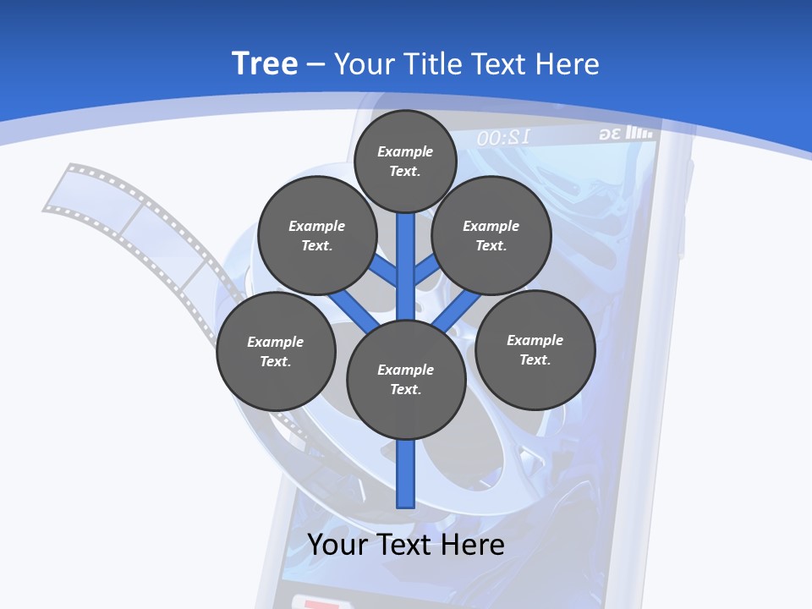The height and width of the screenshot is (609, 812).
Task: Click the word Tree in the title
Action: click(265, 63)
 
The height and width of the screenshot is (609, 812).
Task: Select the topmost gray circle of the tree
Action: click(405, 161)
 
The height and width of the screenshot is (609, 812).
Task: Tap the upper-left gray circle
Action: click(316, 235)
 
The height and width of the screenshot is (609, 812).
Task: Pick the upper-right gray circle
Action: click(491, 235)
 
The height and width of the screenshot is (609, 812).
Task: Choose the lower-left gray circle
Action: click(275, 351)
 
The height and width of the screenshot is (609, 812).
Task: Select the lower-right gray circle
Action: click(535, 349)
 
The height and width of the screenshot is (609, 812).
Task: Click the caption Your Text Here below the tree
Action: click(405, 545)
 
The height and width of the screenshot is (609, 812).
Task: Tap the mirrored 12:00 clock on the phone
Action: click(503, 138)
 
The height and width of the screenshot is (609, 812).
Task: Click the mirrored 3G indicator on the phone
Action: click(611, 134)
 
